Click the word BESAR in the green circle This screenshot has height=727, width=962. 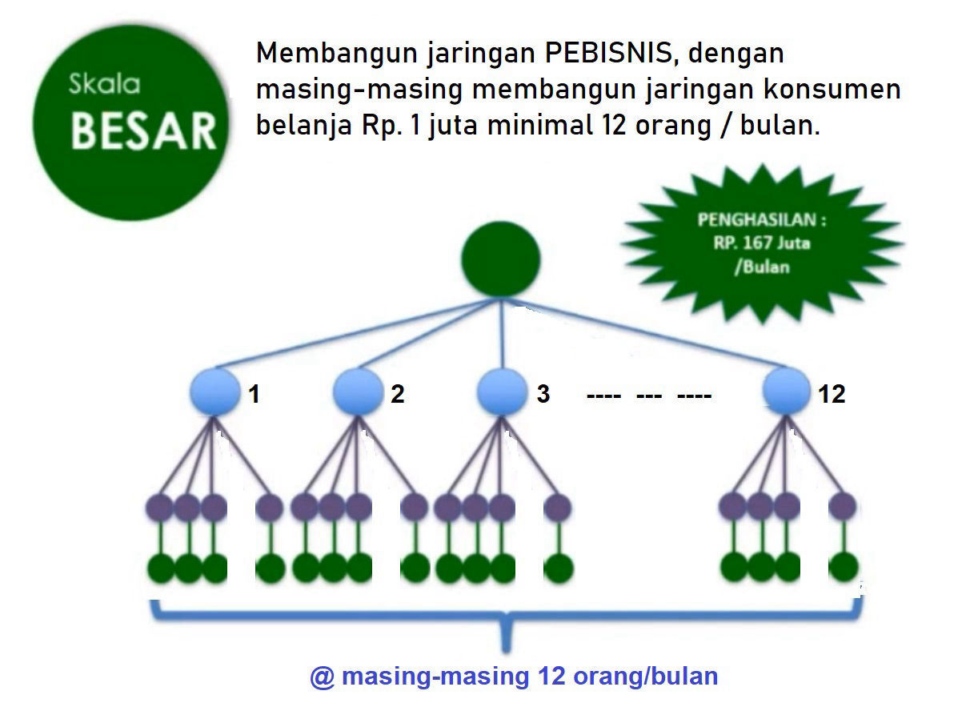tap(144, 131)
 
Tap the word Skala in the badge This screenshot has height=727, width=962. tap(104, 84)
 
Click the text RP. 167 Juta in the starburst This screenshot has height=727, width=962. tap(762, 243)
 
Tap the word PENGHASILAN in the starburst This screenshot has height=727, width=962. tap(756, 219)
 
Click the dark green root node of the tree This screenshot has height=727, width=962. tap(501, 259)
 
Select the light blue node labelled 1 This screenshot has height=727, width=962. tap(214, 392)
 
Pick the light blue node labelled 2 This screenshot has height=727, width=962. tap(358, 392)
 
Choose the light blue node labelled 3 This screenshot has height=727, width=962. tap(502, 392)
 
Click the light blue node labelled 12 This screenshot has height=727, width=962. tap(786, 390)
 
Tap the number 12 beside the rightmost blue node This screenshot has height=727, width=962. tap(832, 394)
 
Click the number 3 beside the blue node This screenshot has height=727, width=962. tap(543, 394)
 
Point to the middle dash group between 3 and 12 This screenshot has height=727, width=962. tap(649, 396)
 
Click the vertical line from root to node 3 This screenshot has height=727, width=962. tap(502, 333)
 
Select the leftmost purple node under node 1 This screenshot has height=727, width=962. tap(159, 508)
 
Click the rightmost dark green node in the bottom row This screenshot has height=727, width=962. tap(844, 567)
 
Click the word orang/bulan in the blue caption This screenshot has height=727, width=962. tap(646, 676)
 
